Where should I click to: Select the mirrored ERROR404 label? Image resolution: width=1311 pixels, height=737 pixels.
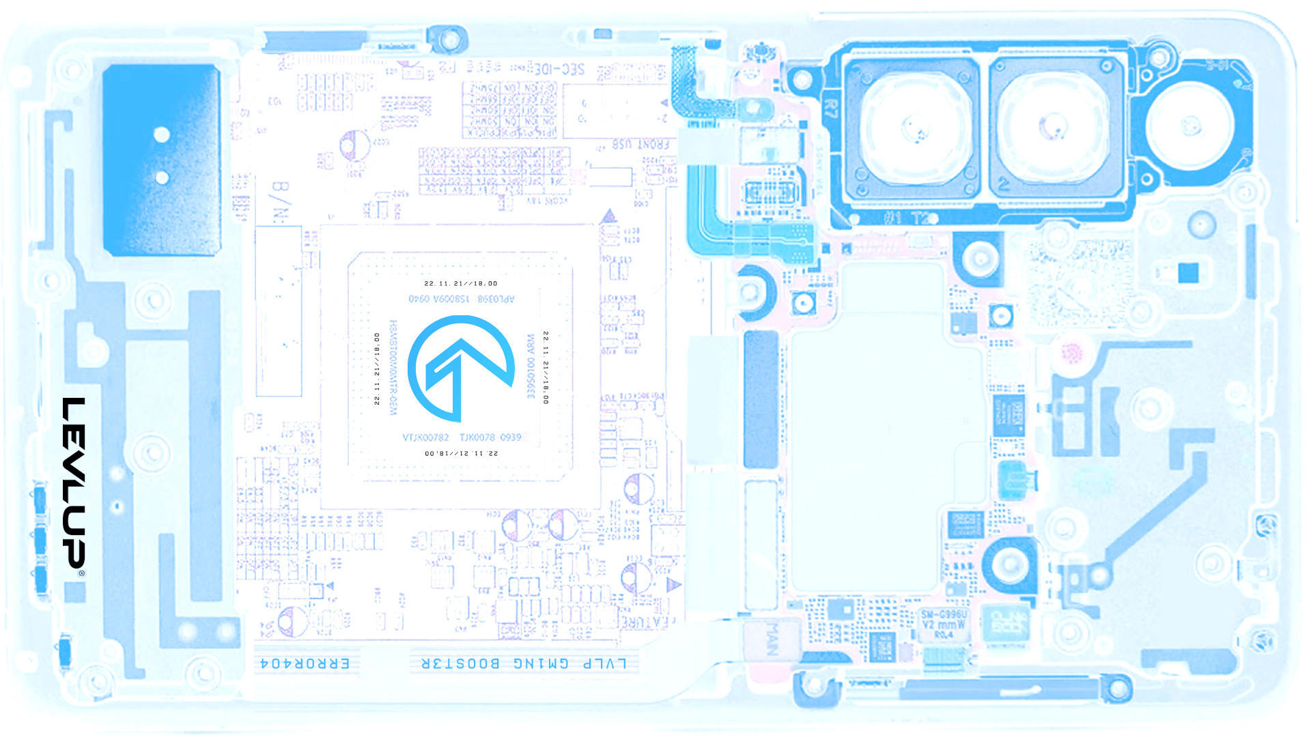(x=305, y=663)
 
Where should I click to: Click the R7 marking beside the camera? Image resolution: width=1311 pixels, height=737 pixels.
(x=831, y=110)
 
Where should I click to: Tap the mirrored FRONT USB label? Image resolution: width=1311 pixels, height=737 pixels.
(x=640, y=145)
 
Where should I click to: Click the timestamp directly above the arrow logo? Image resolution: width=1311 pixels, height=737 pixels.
(x=461, y=283)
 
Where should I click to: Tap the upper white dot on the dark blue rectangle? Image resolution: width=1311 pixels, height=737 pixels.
(x=162, y=134)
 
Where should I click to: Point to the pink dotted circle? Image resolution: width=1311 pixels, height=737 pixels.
(x=1073, y=353)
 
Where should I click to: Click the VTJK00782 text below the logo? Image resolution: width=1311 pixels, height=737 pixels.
(x=425, y=437)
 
